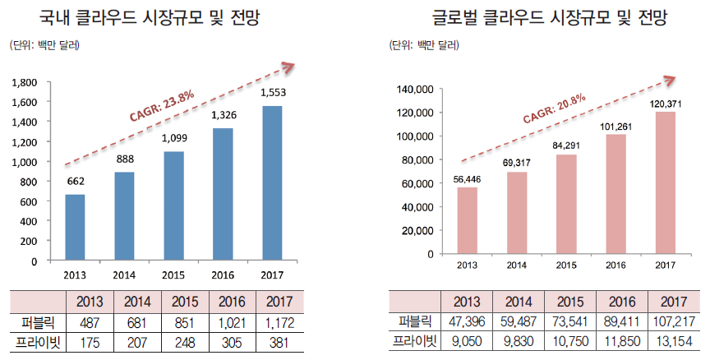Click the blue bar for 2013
pos(76,228)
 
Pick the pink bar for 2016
pos(616,193)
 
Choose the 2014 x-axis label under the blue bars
pos(125,275)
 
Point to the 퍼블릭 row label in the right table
pos(417,321)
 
